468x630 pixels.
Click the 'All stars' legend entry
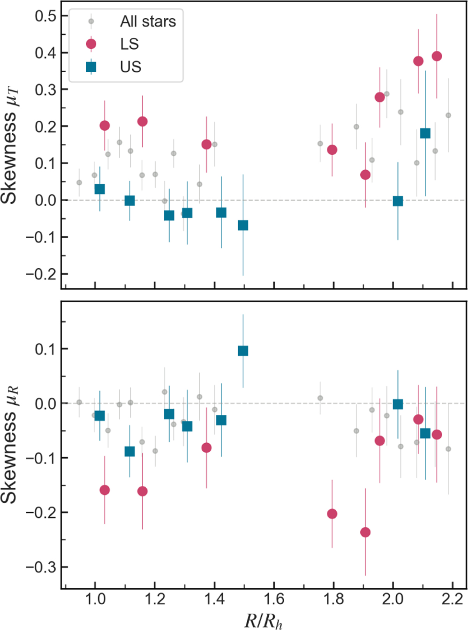coord(148,21)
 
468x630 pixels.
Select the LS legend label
coord(129,44)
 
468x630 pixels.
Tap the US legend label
coord(131,67)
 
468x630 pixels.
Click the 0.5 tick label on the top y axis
coord(46,16)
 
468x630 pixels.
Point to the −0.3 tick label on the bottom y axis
coord(41,567)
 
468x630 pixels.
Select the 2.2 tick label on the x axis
coord(452,598)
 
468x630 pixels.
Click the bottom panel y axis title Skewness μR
coord(9,444)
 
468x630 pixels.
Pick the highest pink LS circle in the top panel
coord(437,56)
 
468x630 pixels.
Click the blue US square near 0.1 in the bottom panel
coord(243,351)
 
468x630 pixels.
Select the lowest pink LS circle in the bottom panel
coord(365,532)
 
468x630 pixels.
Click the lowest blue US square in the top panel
coord(243,225)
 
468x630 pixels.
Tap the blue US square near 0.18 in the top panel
coord(425,133)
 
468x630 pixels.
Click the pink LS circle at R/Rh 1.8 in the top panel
coord(332,150)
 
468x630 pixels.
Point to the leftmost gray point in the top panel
coord(79,182)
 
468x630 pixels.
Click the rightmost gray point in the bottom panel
coord(448,449)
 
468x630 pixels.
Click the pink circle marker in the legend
coord(91,44)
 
